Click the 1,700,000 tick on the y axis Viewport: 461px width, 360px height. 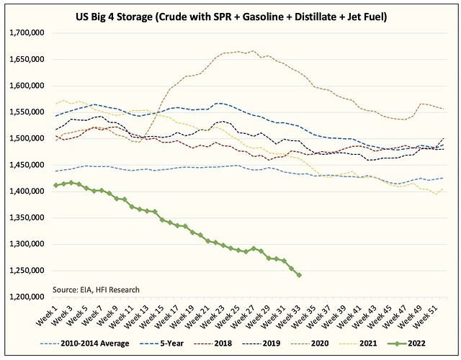click(27, 33)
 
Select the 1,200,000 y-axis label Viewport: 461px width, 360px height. click(27, 297)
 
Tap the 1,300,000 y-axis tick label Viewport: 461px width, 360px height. click(27, 244)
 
